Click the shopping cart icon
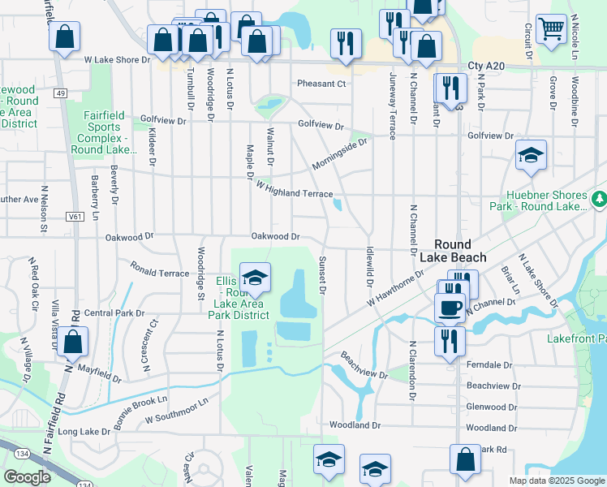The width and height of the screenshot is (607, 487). tap(551, 28)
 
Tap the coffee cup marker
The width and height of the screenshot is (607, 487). tap(450, 307)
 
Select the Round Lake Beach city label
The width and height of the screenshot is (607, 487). tap(459, 251)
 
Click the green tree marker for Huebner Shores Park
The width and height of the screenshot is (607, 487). tap(600, 198)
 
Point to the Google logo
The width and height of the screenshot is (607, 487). tap(27, 477)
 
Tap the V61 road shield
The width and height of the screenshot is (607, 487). tap(75, 217)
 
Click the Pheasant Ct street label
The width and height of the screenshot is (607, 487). tap(321, 84)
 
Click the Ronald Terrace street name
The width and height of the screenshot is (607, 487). tap(159, 269)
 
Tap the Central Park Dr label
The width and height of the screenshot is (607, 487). tap(114, 312)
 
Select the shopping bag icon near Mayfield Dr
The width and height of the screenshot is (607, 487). tap(72, 344)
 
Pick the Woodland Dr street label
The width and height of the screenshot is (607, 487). tap(355, 425)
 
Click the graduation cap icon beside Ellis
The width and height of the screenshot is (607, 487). tap(256, 280)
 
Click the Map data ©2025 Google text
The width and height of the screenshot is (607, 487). tap(557, 481)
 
